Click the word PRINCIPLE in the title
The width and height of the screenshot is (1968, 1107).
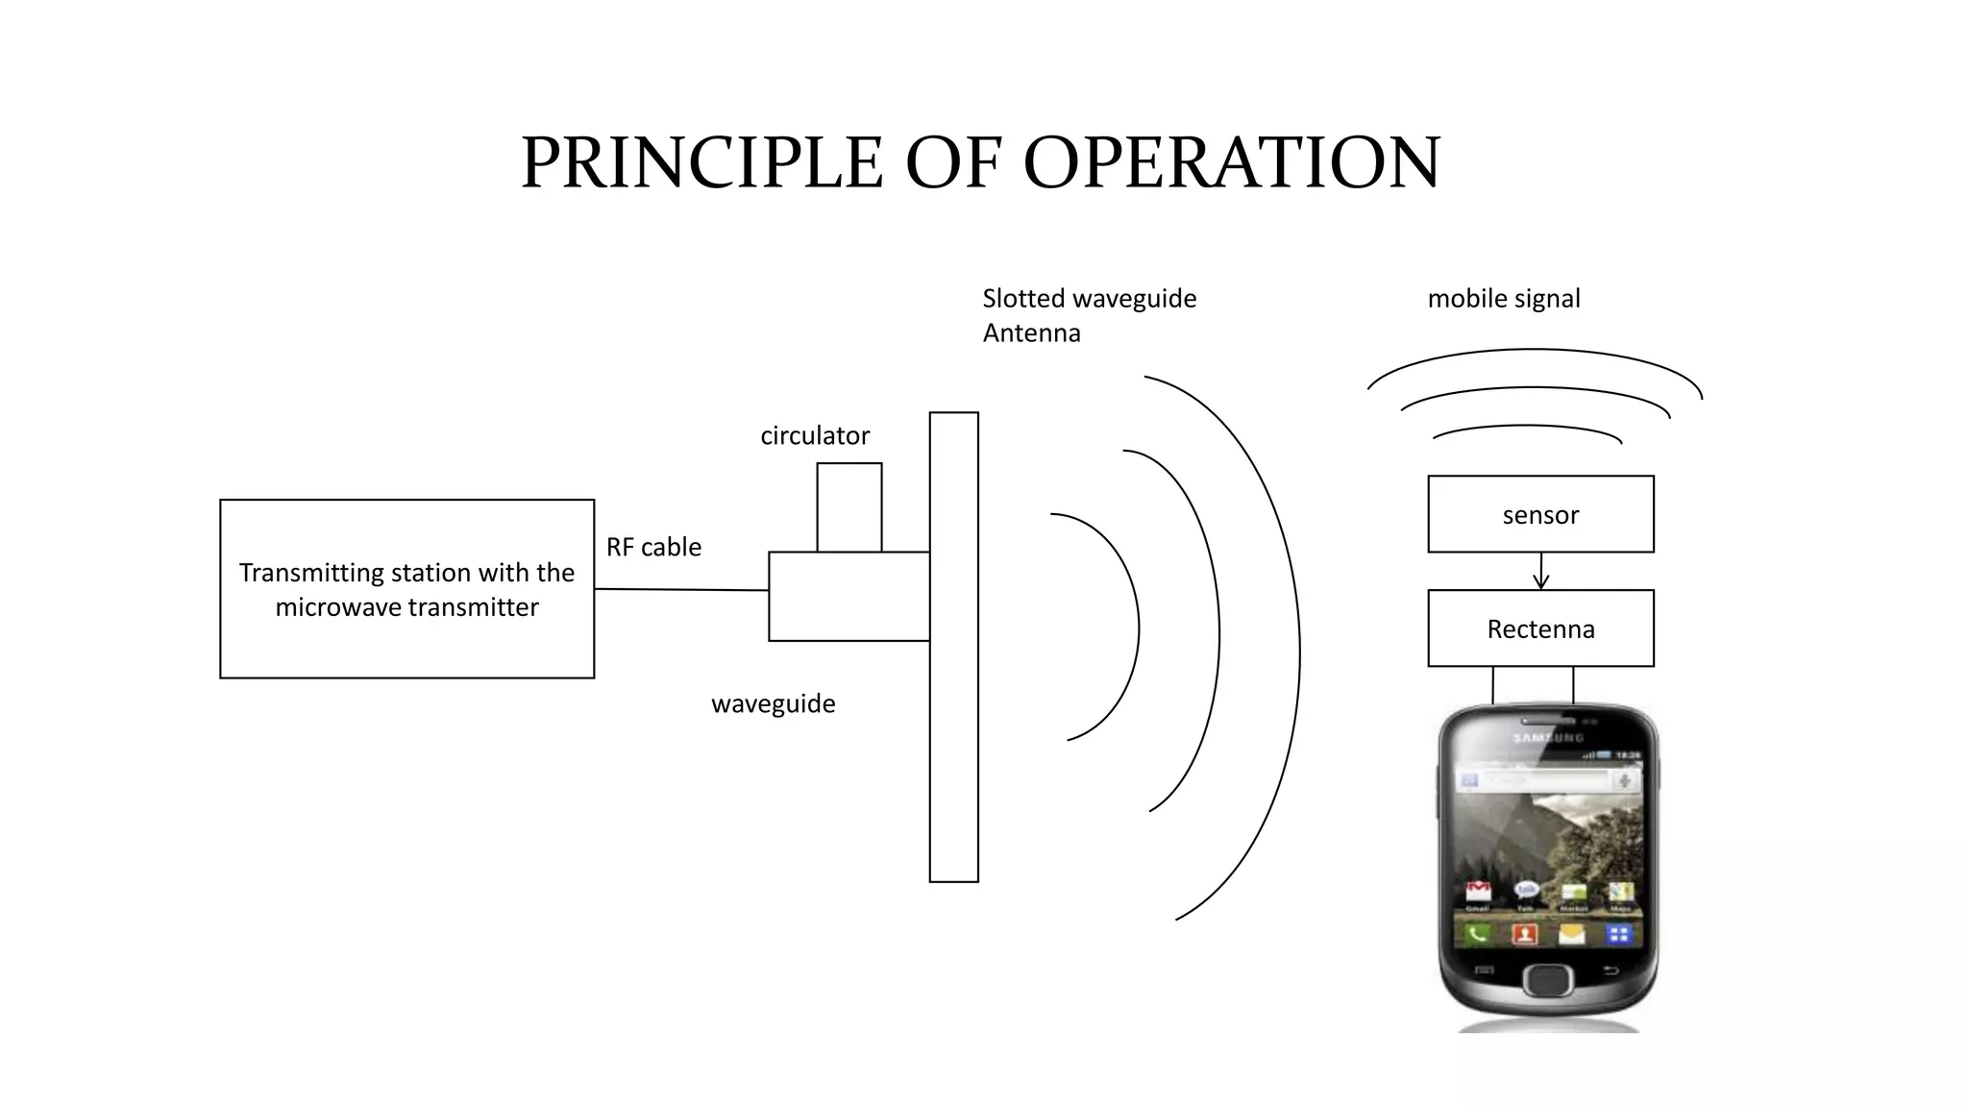(x=701, y=162)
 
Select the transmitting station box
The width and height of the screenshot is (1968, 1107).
(x=406, y=588)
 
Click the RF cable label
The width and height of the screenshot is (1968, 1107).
(x=653, y=547)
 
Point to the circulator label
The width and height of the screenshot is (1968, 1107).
(x=815, y=435)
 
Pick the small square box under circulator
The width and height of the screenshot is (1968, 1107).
(x=849, y=507)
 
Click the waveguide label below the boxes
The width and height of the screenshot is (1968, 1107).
(x=774, y=703)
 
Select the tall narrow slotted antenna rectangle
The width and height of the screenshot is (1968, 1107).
(x=953, y=647)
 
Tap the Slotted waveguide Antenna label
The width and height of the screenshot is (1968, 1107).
(x=1089, y=315)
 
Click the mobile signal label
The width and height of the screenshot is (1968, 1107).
(x=1504, y=298)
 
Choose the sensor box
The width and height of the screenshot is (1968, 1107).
(x=1540, y=514)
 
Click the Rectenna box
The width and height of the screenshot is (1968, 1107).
(x=1540, y=628)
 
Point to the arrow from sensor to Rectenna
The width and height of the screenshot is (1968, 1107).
(x=1541, y=572)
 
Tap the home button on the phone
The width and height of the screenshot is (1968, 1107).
(x=1547, y=979)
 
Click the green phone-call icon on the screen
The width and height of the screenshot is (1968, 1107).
(x=1477, y=932)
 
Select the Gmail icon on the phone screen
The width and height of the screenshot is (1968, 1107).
(x=1477, y=892)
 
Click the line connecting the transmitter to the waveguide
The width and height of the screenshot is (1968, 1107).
(x=681, y=590)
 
